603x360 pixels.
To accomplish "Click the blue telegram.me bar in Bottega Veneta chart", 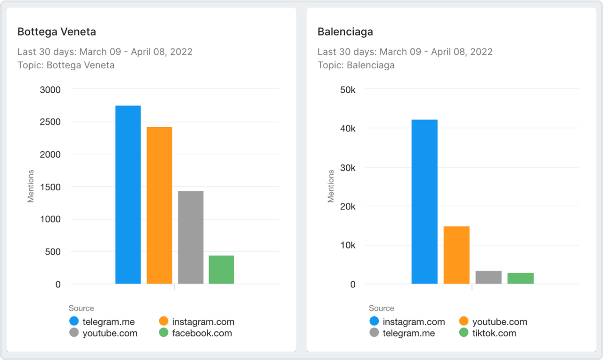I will pyautogui.click(x=128, y=195).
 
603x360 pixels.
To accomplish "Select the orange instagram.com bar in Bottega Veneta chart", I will pyautogui.click(x=159, y=205).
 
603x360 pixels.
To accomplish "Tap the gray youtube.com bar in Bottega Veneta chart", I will pyautogui.click(x=191, y=237).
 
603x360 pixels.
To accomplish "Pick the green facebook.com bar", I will pyautogui.click(x=221, y=270).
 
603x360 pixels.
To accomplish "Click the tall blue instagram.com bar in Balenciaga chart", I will pyautogui.click(x=424, y=202).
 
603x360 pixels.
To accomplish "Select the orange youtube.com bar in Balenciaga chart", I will pyautogui.click(x=456, y=255).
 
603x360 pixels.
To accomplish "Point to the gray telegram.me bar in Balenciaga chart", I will pyautogui.click(x=489, y=278).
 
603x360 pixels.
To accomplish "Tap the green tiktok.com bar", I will pyautogui.click(x=521, y=278).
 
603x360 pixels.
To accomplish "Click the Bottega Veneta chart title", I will pyautogui.click(x=57, y=32).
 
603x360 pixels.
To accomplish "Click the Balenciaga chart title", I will pyautogui.click(x=345, y=32).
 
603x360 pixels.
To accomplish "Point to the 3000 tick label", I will pyautogui.click(x=51, y=90).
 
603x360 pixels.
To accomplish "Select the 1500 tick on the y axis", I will pyautogui.click(x=51, y=187).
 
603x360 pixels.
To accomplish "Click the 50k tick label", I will pyautogui.click(x=348, y=90).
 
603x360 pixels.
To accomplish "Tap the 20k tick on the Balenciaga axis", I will pyautogui.click(x=348, y=206).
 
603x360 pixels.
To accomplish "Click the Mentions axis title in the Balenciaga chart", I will pyautogui.click(x=331, y=187).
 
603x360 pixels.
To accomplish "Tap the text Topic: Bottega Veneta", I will pyautogui.click(x=66, y=65).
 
